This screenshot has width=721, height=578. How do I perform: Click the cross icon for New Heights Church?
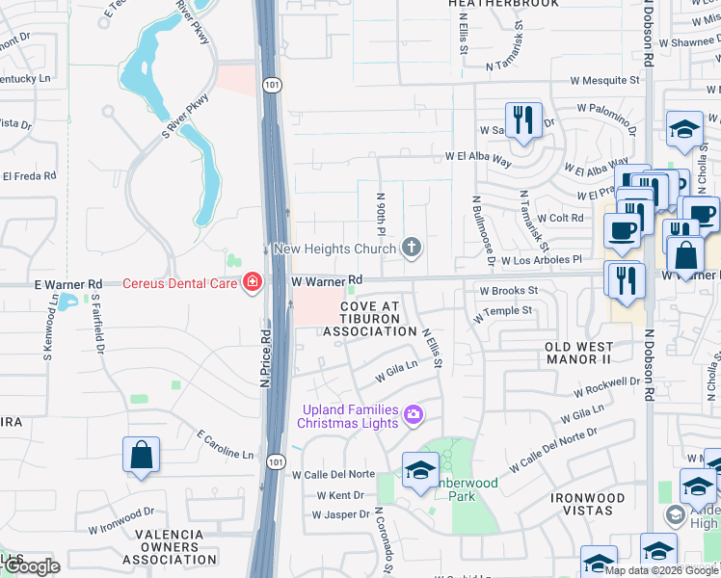click(x=413, y=249)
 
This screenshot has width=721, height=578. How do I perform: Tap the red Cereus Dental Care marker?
click(x=253, y=282)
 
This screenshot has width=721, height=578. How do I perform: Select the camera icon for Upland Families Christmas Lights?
click(x=414, y=415)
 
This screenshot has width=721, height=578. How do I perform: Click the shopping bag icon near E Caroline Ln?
click(x=141, y=456)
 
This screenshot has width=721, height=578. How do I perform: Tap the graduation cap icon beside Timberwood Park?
click(x=420, y=471)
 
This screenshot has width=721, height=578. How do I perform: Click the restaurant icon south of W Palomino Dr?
click(x=523, y=120)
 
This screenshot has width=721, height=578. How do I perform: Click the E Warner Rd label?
click(x=68, y=284)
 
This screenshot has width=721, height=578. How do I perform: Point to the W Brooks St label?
click(x=508, y=290)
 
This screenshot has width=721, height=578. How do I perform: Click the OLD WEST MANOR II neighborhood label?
click(x=578, y=353)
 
